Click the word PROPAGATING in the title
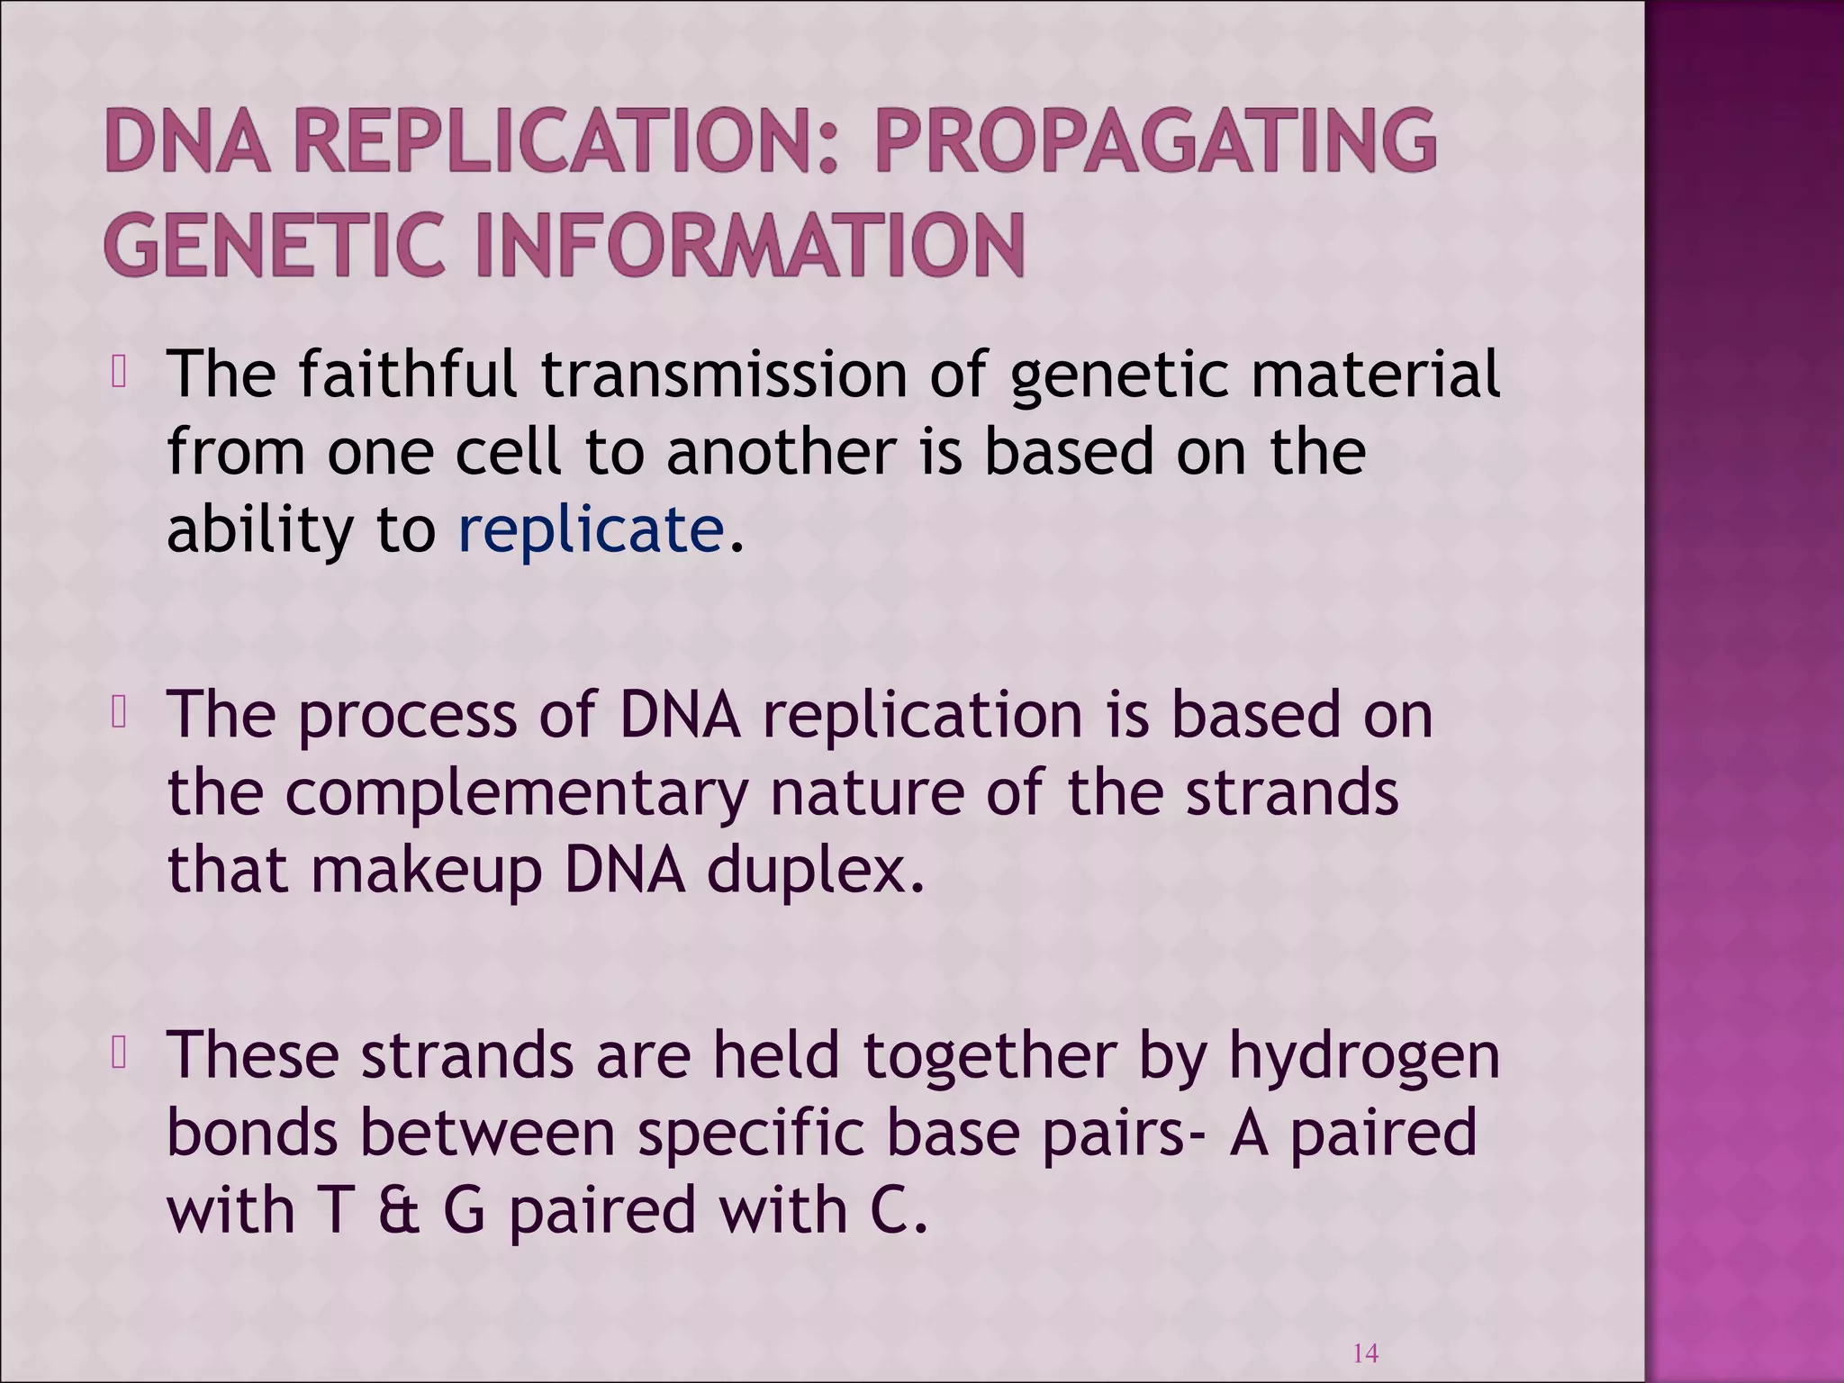pos(1155,141)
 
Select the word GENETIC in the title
pos(274,244)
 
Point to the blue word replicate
pos(591,529)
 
